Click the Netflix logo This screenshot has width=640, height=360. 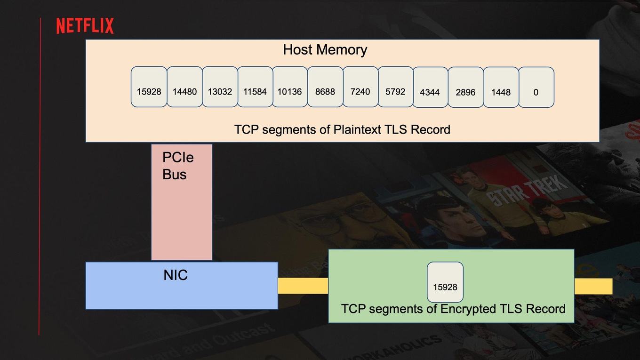tap(85, 26)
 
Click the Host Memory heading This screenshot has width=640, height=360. tap(325, 50)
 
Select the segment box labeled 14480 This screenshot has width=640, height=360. tap(184, 87)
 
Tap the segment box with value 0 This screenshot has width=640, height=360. tap(536, 87)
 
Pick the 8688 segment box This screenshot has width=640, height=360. tap(325, 87)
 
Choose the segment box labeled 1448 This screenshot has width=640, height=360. tap(501, 87)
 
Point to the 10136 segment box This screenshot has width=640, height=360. tap(290, 87)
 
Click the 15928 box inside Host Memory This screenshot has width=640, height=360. tap(149, 87)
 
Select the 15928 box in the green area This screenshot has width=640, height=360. tap(445, 282)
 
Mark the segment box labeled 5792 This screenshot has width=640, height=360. tap(396, 87)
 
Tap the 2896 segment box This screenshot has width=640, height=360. tap(466, 87)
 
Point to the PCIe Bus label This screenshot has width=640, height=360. tap(178, 166)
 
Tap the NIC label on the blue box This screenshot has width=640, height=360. tap(176, 275)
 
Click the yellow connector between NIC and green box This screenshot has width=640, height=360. tap(303, 286)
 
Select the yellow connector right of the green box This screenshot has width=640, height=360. tap(593, 286)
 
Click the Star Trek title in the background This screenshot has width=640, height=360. tap(526, 190)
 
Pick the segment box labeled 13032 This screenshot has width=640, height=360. tap(220, 87)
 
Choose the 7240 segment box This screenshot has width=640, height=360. tap(360, 87)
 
